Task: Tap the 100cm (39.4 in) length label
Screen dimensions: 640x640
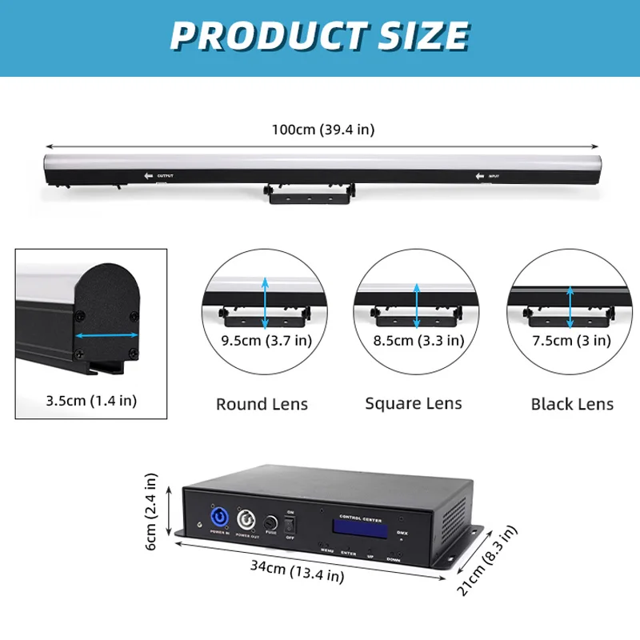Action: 321,129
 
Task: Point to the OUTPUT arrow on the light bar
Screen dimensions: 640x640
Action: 148,175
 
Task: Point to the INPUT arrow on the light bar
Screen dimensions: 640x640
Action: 481,175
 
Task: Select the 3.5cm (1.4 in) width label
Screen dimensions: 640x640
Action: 91,400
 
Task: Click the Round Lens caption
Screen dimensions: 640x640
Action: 262,404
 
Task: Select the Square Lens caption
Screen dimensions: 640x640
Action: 414,403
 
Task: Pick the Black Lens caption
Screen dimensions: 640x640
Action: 572,403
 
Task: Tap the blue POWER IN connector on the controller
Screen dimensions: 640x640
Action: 218,519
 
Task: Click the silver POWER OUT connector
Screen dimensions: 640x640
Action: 245,522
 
